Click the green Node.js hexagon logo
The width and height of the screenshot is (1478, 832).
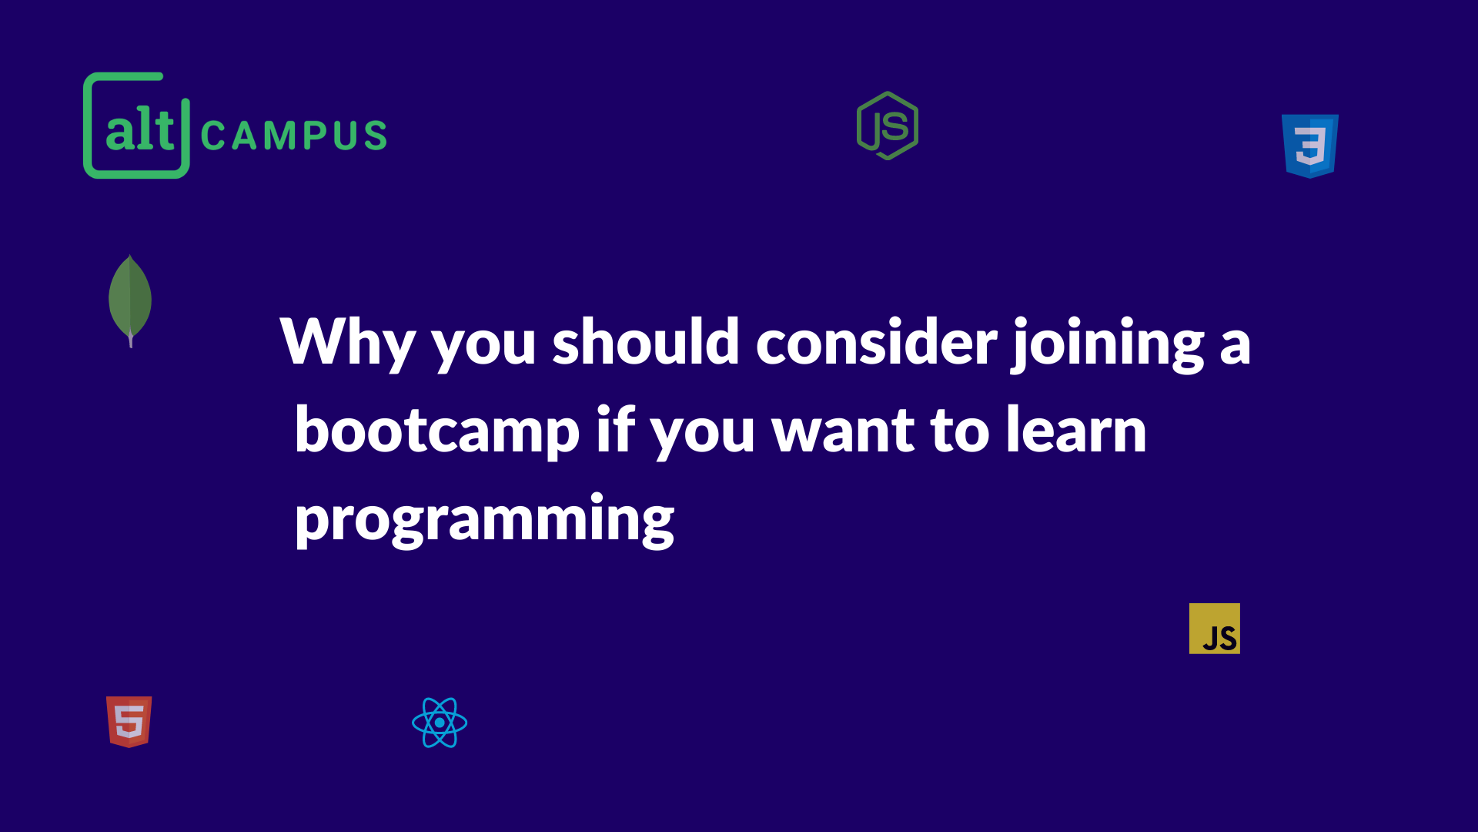pos(888,126)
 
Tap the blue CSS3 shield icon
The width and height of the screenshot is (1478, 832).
pos(1309,146)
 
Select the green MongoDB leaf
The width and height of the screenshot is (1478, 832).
pos(130,300)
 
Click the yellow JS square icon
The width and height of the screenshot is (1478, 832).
pos(1215,629)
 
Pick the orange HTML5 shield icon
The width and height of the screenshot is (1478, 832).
pos(129,722)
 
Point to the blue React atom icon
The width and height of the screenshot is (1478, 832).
pos(440,723)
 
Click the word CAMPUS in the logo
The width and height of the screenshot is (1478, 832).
pos(293,136)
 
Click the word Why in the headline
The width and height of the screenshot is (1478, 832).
pos(348,343)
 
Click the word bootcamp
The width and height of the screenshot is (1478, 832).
pos(437,431)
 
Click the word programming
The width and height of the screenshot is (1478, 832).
pos(485,520)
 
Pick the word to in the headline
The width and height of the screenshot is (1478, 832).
pos(959,431)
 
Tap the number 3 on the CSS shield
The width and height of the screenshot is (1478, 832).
pos(1310,146)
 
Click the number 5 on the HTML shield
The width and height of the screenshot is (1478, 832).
pos(129,722)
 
